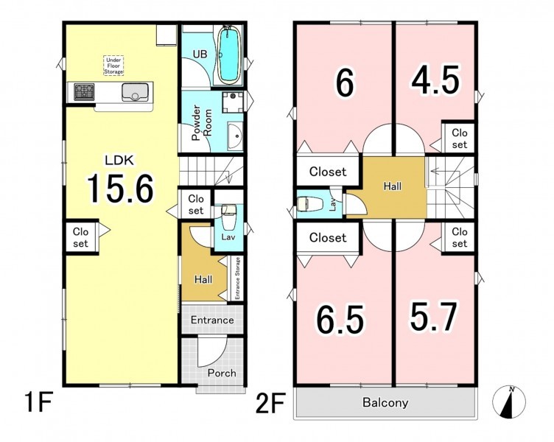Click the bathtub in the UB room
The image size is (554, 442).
pyautogui.click(x=229, y=55)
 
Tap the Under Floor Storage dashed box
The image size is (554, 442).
pyautogui.click(x=113, y=66)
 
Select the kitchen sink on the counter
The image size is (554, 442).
pyautogui.click(x=135, y=93)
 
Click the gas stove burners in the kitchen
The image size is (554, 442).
pyautogui.click(x=84, y=92)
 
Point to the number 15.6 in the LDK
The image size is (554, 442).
pyautogui.click(x=120, y=189)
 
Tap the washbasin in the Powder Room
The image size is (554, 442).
pyautogui.click(x=235, y=136)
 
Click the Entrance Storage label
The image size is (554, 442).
pyautogui.click(x=237, y=278)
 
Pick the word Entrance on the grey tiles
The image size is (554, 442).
pyautogui.click(x=212, y=320)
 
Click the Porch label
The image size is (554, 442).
pyautogui.click(x=222, y=373)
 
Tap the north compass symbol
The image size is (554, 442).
pyautogui.click(x=509, y=401)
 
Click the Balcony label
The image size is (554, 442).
pyautogui.click(x=385, y=402)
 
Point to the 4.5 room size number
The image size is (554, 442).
pyautogui.click(x=435, y=80)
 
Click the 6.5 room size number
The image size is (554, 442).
pyautogui.click(x=339, y=320)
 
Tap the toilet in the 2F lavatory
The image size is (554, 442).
pyautogui.click(x=309, y=204)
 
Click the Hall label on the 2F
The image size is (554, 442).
pyautogui.click(x=392, y=186)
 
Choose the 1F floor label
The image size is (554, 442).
pyautogui.click(x=39, y=401)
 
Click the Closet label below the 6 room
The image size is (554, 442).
pyautogui.click(x=328, y=172)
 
